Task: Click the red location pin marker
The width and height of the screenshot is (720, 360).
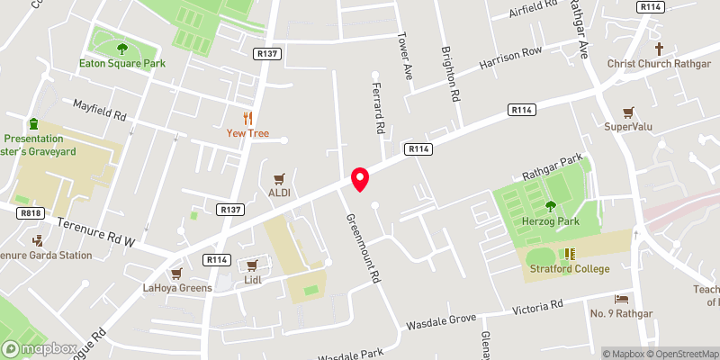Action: (x=360, y=178)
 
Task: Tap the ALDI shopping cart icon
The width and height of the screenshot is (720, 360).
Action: (x=279, y=178)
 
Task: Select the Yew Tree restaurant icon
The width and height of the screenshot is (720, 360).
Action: (x=247, y=118)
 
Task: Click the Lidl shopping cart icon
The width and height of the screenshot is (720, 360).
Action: (x=252, y=265)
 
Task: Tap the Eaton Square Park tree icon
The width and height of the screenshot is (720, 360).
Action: (x=122, y=49)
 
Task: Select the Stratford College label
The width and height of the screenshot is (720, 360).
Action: (x=568, y=268)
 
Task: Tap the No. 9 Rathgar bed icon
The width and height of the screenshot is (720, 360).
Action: (x=621, y=299)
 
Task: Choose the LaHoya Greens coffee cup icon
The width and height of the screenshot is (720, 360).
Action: (x=176, y=273)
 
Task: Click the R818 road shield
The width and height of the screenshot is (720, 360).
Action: (x=31, y=213)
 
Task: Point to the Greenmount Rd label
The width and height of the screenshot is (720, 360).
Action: (x=363, y=249)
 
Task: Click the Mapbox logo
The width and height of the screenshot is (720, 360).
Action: (x=39, y=348)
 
